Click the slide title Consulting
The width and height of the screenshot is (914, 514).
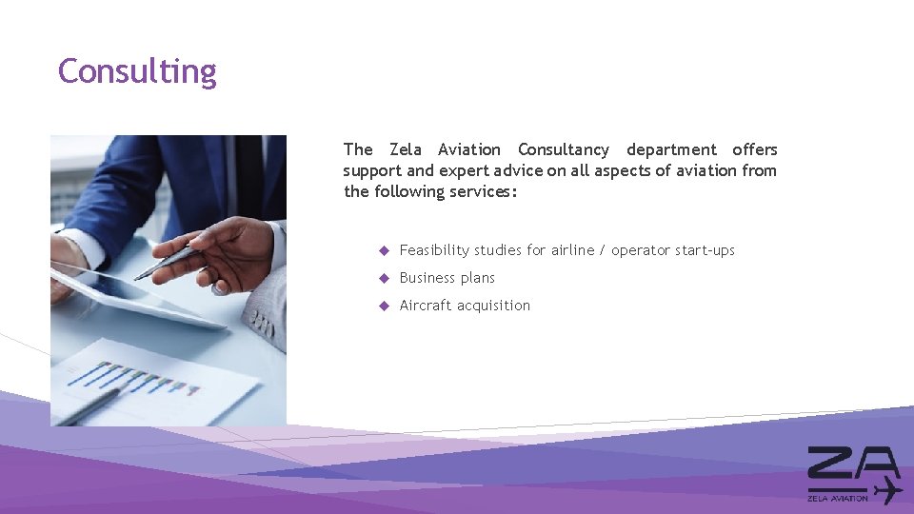(137, 71)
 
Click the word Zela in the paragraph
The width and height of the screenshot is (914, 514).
(406, 149)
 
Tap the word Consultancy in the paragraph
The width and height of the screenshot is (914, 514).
(564, 149)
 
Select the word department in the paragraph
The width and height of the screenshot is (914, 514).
(671, 149)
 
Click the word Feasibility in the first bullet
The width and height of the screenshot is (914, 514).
(434, 250)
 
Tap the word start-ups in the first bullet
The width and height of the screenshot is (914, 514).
(705, 250)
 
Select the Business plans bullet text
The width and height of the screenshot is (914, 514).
(447, 278)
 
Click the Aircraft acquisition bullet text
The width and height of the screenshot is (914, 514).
(465, 306)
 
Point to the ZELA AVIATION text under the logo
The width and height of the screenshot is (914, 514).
(838, 497)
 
